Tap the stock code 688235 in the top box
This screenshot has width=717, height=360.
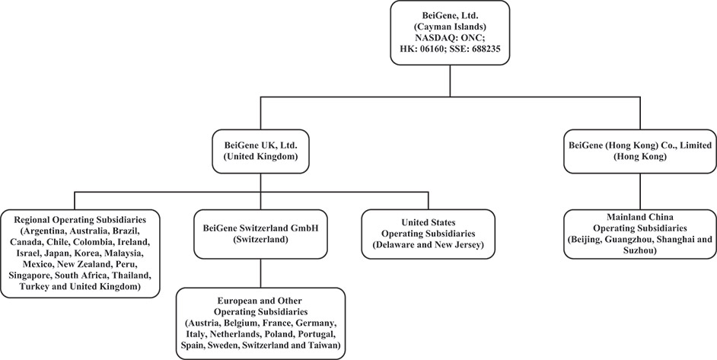click(x=483, y=49)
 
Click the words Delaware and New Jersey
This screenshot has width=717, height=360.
click(x=427, y=245)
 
